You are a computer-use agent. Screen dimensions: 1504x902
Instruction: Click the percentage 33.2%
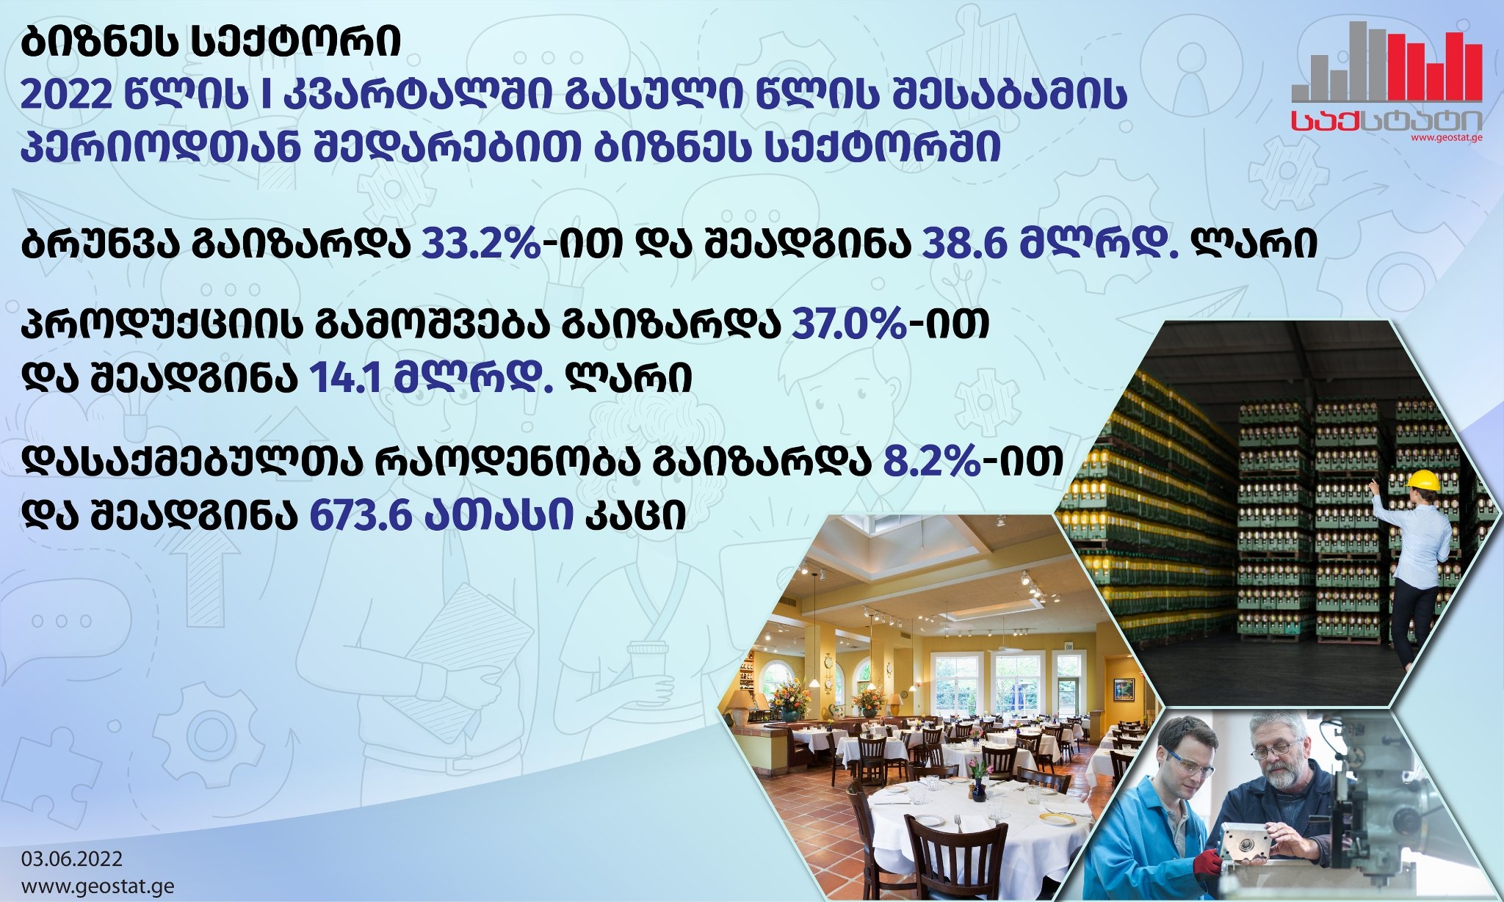tap(481, 244)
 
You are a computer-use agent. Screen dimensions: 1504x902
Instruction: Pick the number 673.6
tap(359, 515)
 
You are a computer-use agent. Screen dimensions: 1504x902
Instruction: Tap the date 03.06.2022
tap(72, 859)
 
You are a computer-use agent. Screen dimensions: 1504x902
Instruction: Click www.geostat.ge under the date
tap(98, 886)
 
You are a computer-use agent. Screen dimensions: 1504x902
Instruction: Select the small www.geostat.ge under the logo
tap(1446, 137)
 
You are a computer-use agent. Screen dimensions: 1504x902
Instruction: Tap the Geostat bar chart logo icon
tap(1386, 62)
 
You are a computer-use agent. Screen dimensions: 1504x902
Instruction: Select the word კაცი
tap(635, 515)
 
